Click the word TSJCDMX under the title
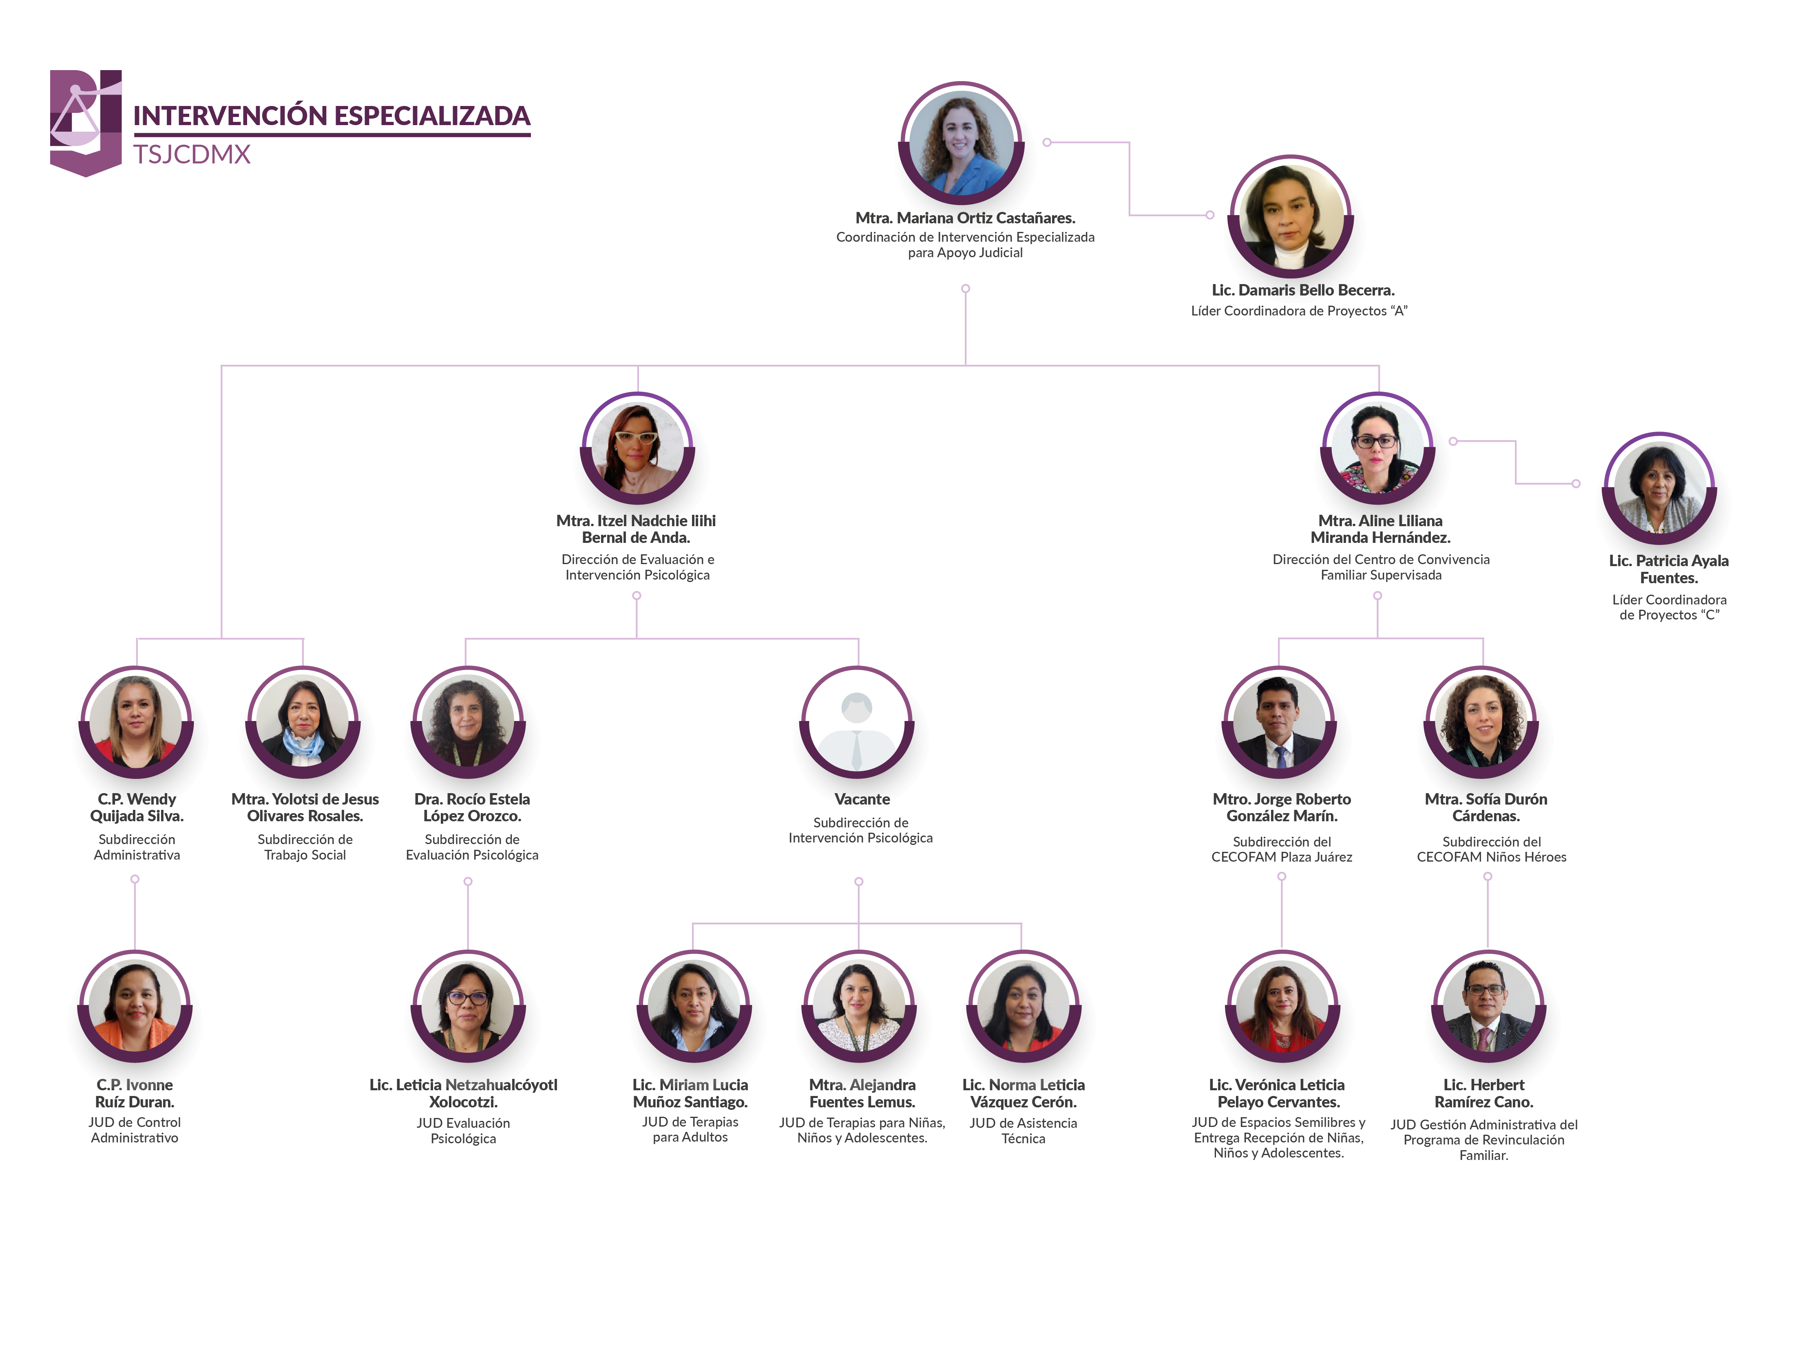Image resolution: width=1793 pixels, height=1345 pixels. click(x=192, y=154)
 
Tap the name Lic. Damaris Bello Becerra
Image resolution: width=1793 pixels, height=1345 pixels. click(x=1302, y=290)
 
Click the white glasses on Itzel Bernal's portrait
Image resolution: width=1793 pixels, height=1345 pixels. click(x=636, y=437)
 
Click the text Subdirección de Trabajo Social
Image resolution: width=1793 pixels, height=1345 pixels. click(x=305, y=847)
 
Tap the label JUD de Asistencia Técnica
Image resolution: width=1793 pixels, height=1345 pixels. click(x=1023, y=1130)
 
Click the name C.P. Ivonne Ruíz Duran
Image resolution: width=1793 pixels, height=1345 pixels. click(x=135, y=1093)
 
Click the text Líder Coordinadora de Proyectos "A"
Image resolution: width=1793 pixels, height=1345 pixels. click(x=1299, y=311)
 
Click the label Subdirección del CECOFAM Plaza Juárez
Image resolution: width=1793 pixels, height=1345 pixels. click(x=1282, y=849)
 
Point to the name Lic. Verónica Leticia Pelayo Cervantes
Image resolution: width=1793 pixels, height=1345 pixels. click(x=1278, y=1093)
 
